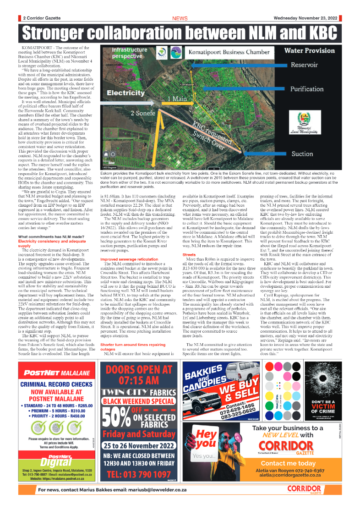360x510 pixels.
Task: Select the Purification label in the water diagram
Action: pyautogui.click(x=307, y=89)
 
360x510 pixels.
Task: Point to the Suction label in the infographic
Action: pyautogui.click(x=302, y=154)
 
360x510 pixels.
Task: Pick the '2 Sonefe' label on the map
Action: pyautogui.click(x=145, y=113)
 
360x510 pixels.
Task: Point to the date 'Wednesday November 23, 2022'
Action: pyautogui.click(x=305, y=18)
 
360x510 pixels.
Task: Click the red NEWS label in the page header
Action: pyautogui.click(x=180, y=18)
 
